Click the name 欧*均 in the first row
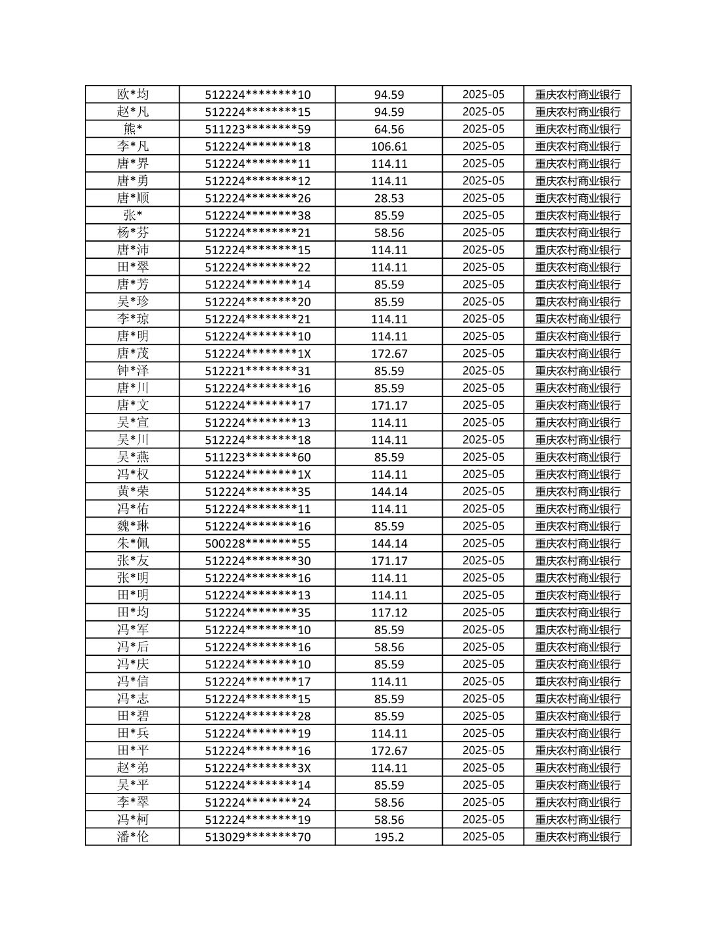click(x=133, y=94)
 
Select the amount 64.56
click(x=389, y=129)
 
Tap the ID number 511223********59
click(x=257, y=129)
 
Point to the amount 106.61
click(x=389, y=146)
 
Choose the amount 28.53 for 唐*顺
click(x=389, y=198)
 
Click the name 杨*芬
click(x=133, y=232)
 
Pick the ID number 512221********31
click(x=257, y=371)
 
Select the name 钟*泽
click(x=133, y=371)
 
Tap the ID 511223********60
click(x=257, y=457)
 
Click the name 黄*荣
click(x=133, y=491)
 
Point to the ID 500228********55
click(x=257, y=543)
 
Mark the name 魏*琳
click(x=133, y=526)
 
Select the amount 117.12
click(x=389, y=612)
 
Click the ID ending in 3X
click(x=257, y=768)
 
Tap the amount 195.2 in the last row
click(x=389, y=837)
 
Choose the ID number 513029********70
click(x=257, y=837)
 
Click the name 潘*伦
click(x=133, y=837)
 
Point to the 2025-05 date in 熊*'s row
click(x=484, y=129)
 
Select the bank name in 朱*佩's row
click(x=578, y=543)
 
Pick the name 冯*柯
click(x=133, y=820)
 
